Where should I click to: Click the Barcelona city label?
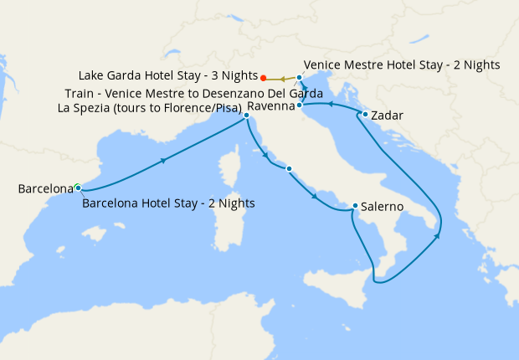coord(45,189)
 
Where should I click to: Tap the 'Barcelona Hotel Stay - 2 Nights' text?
coord(168,203)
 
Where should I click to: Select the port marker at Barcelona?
coord(77,187)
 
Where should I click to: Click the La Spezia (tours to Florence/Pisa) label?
coord(150,108)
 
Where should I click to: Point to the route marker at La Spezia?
coord(246,116)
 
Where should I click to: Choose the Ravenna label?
coord(270,106)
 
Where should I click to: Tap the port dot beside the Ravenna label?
coord(299,105)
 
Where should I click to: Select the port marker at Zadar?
coord(365,114)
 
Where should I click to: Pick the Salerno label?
coord(384,206)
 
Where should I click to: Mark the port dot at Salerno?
coord(356,206)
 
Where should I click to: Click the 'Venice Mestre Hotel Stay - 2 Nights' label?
coord(402,64)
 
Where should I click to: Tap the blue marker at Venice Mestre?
coord(299,77)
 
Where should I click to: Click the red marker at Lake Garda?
coord(264,80)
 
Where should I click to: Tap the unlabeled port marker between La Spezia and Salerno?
coord(289,169)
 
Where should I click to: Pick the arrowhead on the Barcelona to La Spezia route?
coord(162,159)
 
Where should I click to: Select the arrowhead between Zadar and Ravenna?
coord(329,105)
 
